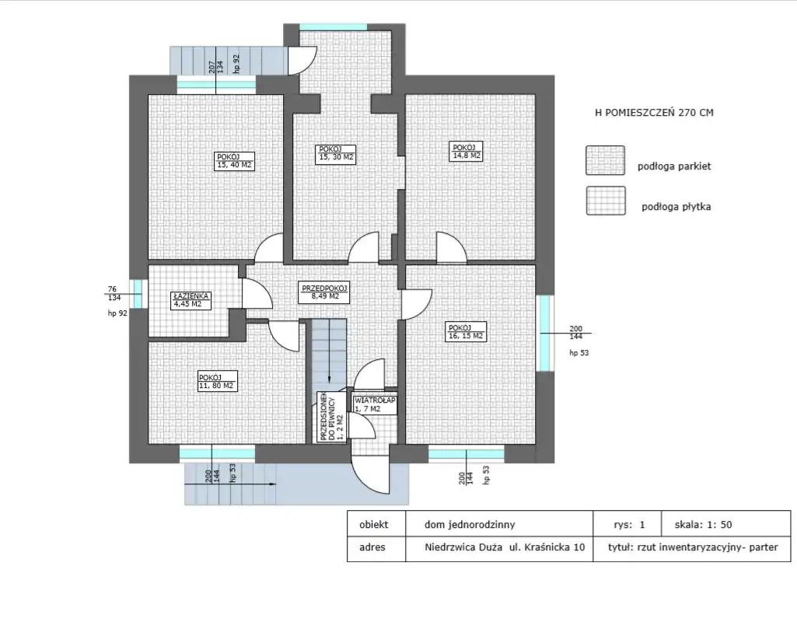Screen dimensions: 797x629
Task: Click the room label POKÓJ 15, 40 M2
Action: pos(234,161)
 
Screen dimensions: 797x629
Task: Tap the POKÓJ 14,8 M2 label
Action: pos(467,152)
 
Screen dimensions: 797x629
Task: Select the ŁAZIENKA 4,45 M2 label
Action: pos(191,300)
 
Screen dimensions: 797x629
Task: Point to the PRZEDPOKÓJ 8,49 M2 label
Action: pos(324,292)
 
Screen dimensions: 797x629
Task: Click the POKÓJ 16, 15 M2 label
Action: pos(466,332)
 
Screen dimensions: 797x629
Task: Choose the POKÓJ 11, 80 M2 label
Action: pos(217,382)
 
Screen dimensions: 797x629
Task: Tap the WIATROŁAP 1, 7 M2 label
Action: pos(375,404)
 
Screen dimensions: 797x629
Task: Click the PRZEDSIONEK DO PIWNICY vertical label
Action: pos(331,417)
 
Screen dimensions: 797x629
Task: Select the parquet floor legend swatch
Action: pos(605,160)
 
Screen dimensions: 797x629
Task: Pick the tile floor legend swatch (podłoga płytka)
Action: pos(606,201)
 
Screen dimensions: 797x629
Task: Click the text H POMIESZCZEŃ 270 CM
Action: pos(654,113)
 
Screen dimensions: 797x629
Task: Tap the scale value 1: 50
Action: pos(718,525)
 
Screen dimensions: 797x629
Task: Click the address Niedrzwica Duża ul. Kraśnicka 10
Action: pos(505,547)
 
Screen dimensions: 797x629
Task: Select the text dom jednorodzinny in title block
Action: pos(470,525)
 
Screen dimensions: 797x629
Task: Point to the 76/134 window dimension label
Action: pos(114,294)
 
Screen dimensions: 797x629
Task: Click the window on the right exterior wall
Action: pos(545,333)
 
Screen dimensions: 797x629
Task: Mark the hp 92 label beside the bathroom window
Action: pos(117,313)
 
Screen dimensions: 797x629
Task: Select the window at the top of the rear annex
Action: pos(333,27)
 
